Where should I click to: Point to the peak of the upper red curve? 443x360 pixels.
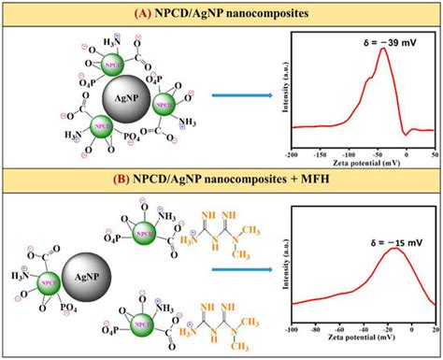point(382,49)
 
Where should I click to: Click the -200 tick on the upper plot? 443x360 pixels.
point(293,151)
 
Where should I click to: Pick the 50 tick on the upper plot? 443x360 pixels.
point(435,151)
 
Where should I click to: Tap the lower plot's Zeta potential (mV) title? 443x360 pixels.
point(364,341)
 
